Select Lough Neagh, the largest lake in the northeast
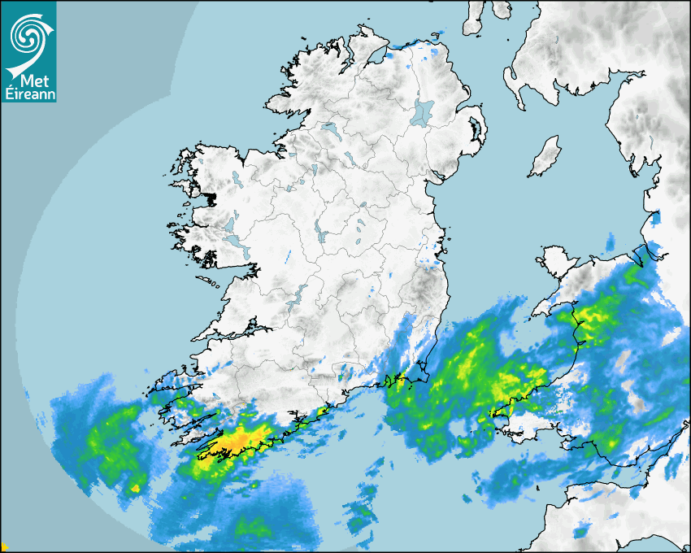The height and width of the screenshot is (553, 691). click(x=423, y=111)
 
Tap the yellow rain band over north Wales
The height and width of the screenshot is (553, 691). click(x=598, y=313)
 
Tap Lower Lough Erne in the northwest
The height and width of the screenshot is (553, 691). click(x=329, y=129)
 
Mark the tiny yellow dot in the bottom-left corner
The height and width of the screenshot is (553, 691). click(x=3, y=548)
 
